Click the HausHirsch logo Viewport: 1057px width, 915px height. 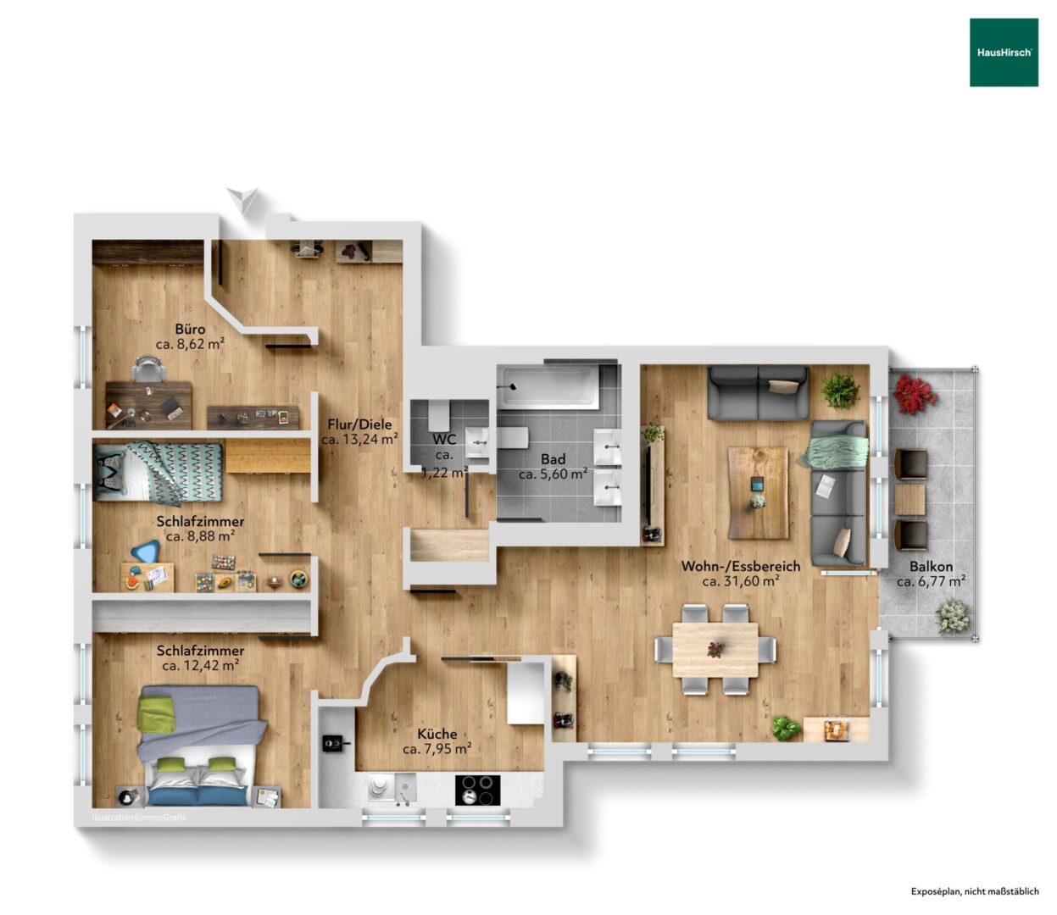pos(1004,53)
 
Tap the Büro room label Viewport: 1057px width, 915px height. pos(190,329)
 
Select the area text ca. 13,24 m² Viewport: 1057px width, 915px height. pos(359,439)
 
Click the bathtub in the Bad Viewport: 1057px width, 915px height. pos(549,387)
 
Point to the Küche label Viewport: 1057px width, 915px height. pos(437,734)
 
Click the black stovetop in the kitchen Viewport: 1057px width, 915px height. pos(477,790)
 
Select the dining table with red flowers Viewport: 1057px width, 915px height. pos(715,650)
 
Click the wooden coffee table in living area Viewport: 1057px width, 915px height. pos(757,493)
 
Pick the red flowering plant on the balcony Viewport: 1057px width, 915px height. pos(915,394)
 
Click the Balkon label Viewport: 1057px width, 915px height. pos(931,567)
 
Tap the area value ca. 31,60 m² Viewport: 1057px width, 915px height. pos(741,581)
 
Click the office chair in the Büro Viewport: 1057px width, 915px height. pos(149,369)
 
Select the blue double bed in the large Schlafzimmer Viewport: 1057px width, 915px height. pos(201,746)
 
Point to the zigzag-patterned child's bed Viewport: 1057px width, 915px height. pos(159,472)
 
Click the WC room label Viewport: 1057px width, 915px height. pos(444,440)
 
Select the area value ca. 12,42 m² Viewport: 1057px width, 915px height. pos(201,666)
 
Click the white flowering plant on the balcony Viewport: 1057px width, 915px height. pos(954,617)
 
